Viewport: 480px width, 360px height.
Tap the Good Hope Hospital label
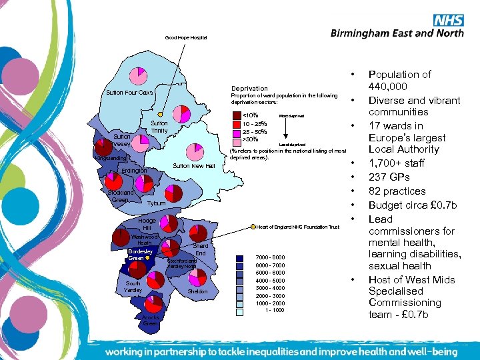[x=186, y=38]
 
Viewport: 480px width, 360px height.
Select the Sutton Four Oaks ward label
[x=129, y=93]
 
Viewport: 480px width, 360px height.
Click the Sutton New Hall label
[x=193, y=166]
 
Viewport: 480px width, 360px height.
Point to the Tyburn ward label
[x=157, y=203]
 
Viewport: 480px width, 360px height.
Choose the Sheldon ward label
[x=197, y=292]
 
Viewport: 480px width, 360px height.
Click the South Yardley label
[x=133, y=287]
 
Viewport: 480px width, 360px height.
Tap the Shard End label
[x=201, y=250]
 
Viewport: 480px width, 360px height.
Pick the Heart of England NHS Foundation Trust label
[x=298, y=227]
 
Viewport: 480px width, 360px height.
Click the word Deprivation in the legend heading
[x=249, y=88]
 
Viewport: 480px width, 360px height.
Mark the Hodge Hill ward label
[x=147, y=224]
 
